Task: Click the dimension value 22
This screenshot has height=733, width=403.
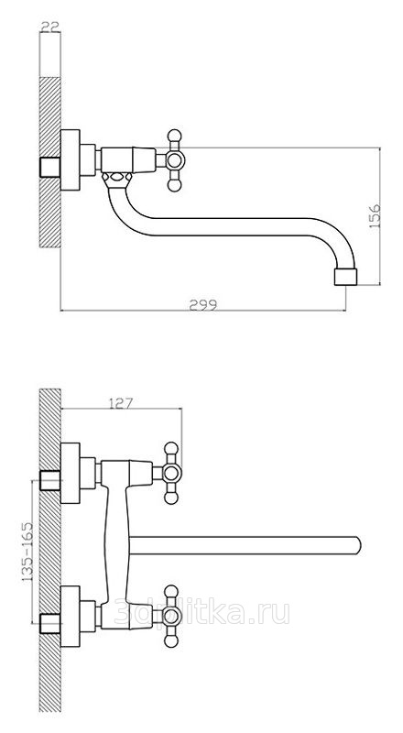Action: coord(50,27)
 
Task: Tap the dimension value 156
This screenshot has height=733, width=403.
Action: coord(375,216)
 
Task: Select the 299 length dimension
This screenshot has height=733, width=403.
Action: coord(203,305)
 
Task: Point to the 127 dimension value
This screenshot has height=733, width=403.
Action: coord(121,403)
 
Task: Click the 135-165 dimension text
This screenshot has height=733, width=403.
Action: coord(27,552)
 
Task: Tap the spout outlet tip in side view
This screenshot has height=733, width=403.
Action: coord(346,277)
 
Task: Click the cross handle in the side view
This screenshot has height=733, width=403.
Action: coord(174,160)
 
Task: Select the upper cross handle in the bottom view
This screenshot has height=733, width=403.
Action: coord(171,473)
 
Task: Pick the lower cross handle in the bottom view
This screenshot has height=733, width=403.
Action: coord(171,616)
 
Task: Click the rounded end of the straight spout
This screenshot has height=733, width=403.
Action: coord(357,545)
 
